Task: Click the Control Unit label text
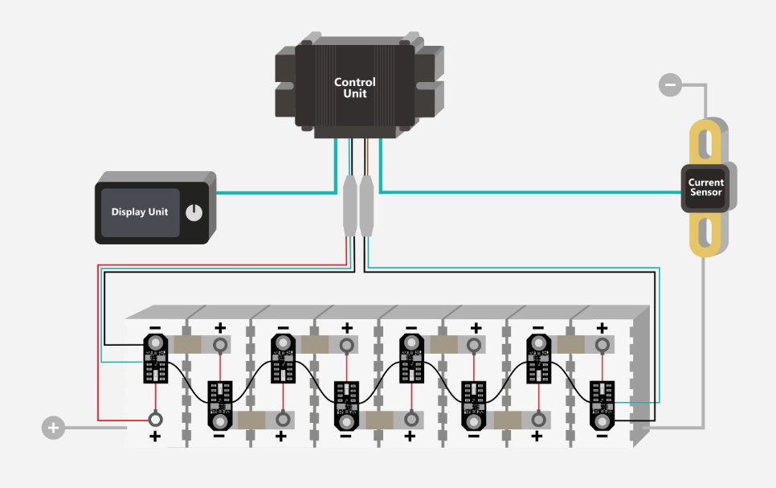(354, 88)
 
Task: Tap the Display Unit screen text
(140, 212)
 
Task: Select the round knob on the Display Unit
(194, 213)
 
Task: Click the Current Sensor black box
(705, 188)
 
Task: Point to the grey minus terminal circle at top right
(669, 84)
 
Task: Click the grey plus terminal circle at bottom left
(53, 428)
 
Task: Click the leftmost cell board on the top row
(154, 358)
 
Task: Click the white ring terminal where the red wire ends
(155, 419)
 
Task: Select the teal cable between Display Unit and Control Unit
(273, 193)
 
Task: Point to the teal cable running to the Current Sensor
(530, 192)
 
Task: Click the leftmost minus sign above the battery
(154, 328)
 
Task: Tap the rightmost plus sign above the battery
(602, 328)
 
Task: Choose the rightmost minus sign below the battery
(602, 436)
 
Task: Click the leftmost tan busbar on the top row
(188, 345)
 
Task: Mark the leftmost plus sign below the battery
(155, 437)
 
